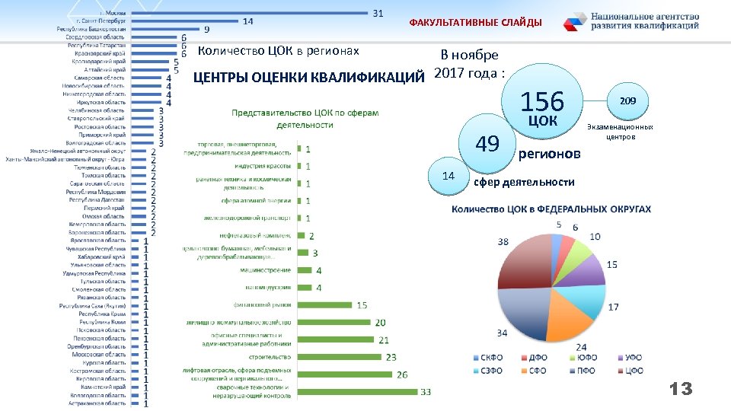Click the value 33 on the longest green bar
click(426, 392)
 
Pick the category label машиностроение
click(266, 270)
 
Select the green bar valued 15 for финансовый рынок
click(324, 305)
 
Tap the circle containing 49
click(487, 143)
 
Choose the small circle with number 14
click(448, 176)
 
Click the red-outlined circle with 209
click(627, 100)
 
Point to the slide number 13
click(680, 390)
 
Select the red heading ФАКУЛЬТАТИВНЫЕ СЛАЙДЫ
click(475, 23)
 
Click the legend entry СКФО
click(486, 357)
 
